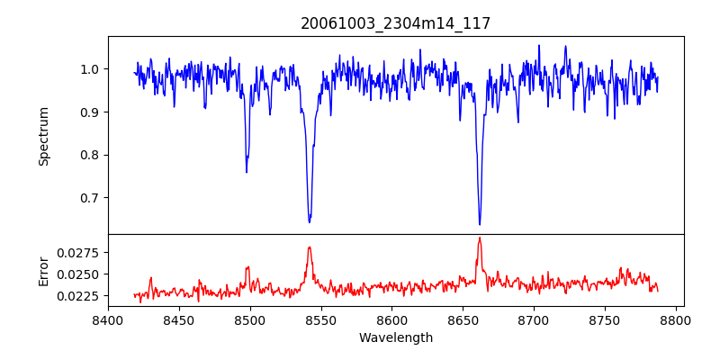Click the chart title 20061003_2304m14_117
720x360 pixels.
(x=395, y=23)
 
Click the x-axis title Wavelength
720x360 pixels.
(x=395, y=338)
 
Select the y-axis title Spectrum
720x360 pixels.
(x=43, y=136)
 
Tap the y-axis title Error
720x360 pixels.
(x=43, y=270)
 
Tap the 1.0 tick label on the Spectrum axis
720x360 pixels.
(x=90, y=69)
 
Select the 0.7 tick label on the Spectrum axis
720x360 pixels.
(x=90, y=198)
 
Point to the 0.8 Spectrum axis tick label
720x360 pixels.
(x=90, y=155)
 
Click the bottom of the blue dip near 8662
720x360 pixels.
(x=480, y=224)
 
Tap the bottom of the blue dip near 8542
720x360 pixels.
(x=310, y=221)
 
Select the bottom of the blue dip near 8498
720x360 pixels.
(x=247, y=172)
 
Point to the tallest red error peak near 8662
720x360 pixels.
(x=480, y=238)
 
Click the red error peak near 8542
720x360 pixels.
(x=310, y=247)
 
